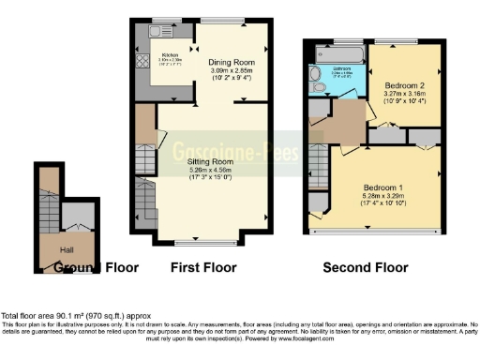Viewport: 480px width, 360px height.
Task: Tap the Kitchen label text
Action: pyautogui.click(x=171, y=54)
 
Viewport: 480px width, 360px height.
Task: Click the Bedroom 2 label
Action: pyautogui.click(x=406, y=83)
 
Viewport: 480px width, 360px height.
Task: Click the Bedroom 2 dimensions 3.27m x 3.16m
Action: pyautogui.click(x=406, y=92)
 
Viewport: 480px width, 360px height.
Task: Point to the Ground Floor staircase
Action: pyautogui.click(x=47, y=202)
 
